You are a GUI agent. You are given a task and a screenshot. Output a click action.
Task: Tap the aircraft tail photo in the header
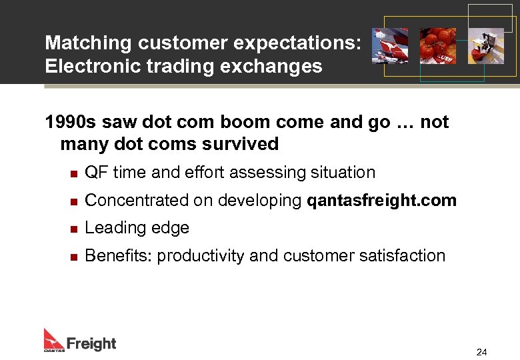click(390, 46)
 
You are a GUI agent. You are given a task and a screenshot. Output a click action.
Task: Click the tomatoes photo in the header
click(437, 46)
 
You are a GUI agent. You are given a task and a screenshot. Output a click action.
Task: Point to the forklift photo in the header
click(485, 46)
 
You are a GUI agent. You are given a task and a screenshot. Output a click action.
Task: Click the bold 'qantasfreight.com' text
click(381, 200)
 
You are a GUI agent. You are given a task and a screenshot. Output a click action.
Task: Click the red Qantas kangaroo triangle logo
click(53, 339)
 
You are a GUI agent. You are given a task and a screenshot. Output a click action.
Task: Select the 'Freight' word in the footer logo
click(91, 344)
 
